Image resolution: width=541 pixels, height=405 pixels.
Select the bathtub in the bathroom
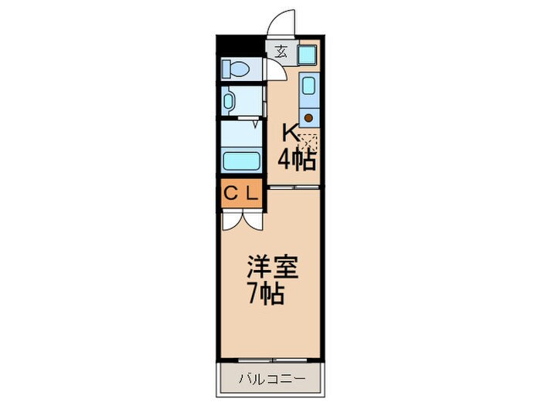pos(240,161)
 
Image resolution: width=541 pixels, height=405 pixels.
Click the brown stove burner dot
pos(308,118)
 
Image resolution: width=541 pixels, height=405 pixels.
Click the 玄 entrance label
pos(280,52)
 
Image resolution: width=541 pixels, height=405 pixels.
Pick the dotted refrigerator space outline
pos(309,143)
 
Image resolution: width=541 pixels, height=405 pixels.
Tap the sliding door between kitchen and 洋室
pos(294,187)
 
